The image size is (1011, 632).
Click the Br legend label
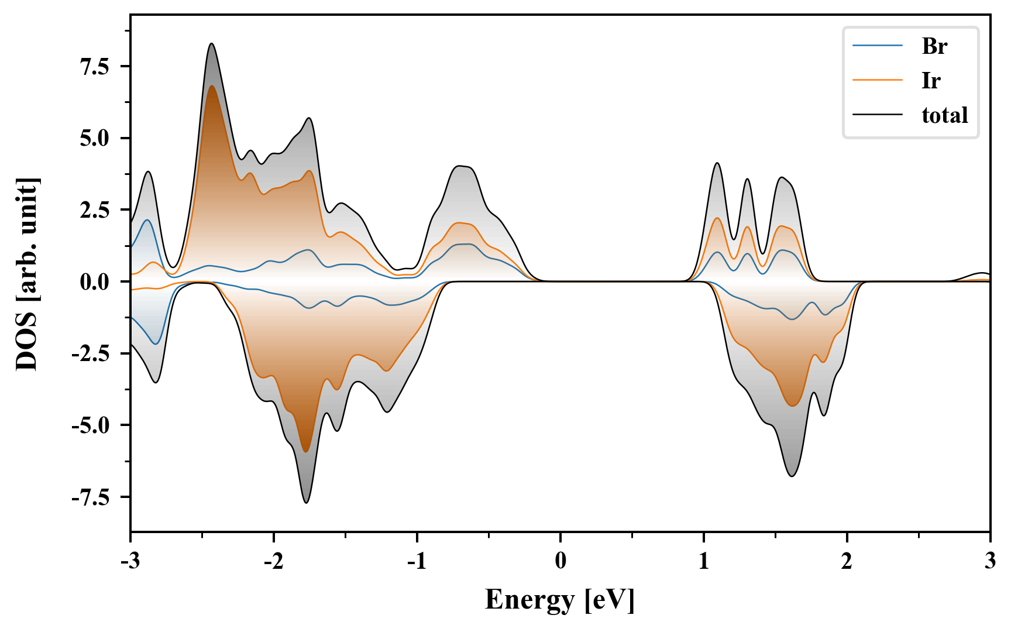pos(934,46)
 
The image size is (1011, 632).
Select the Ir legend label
pos(930,80)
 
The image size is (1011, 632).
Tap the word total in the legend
pos(944,115)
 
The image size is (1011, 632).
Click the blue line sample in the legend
pos(877,46)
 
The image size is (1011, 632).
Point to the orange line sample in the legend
pos(877,80)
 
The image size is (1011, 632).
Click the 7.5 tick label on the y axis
pos(95,67)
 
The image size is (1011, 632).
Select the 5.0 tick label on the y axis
pos(95,139)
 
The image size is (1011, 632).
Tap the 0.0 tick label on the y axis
pos(95,282)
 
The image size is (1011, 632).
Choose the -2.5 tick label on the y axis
pos(91,354)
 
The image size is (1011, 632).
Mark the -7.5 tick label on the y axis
pos(91,497)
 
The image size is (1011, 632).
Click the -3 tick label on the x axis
pos(130,562)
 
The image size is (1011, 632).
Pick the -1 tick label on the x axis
pos(417,562)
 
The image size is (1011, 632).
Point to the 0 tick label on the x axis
pos(560,562)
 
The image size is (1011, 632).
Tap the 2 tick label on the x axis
pos(847,562)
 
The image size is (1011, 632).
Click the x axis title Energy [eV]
pos(560,600)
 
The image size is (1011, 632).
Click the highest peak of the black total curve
pos(211,44)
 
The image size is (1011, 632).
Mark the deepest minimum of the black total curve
pos(306,502)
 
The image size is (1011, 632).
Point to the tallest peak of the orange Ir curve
pos(211,86)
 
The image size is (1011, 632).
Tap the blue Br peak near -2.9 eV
pos(147,220)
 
